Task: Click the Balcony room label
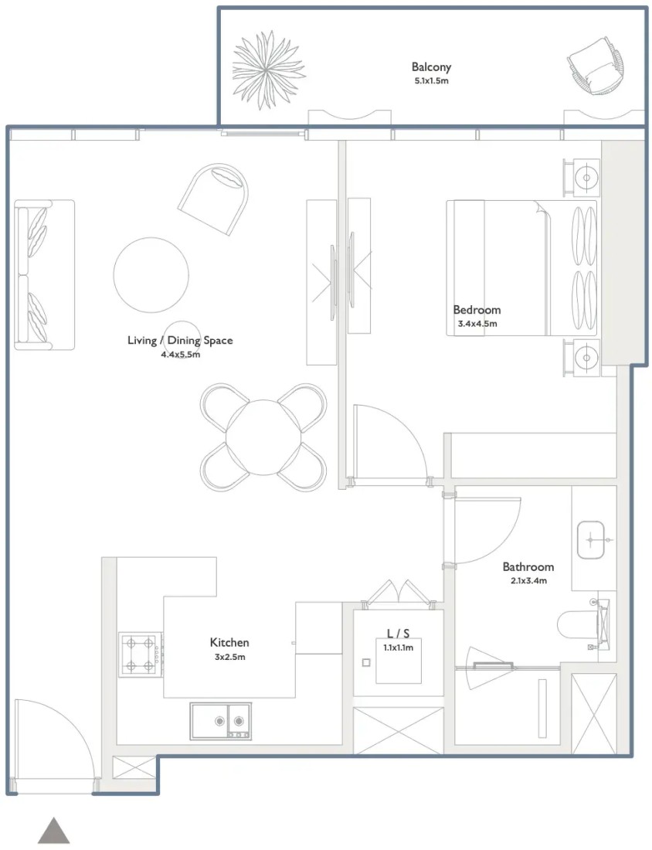431,67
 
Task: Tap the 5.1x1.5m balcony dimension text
431,81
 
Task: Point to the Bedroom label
477,310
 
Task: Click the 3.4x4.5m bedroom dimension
477,325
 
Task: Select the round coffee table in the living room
151,275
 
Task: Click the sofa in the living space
44,275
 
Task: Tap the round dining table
263,437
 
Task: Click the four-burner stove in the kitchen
141,654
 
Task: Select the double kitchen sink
220,721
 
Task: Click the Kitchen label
229,642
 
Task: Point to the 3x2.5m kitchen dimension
229,657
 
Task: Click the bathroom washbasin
590,540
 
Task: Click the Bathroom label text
528,567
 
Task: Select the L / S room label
398,633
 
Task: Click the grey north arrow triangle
53,831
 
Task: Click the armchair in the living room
213,199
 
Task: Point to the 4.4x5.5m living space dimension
181,355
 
